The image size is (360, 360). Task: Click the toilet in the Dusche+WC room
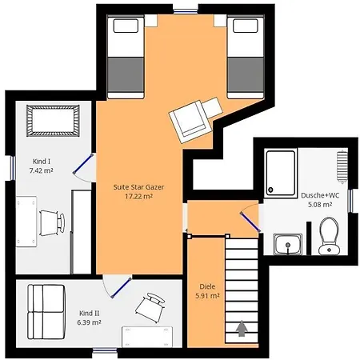pos(329,236)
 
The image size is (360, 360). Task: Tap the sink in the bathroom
pos(288,244)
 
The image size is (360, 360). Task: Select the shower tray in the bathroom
pos(281,173)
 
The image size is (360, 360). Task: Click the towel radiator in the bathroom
pos(342,167)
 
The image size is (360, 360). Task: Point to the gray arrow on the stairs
pos(242,329)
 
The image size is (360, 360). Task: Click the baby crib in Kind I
pos(53,121)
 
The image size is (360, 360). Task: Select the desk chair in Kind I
pos(52,223)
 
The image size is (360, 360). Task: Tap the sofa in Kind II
pos(46,312)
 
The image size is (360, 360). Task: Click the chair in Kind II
pos(150,307)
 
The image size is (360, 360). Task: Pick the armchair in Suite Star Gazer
pos(196,120)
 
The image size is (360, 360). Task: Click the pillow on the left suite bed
pos(126,26)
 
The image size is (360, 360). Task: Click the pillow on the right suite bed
pos(245,26)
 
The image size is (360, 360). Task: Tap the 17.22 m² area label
pos(138,197)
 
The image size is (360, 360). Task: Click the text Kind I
pos(42,162)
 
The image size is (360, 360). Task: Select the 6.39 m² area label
pos(89,322)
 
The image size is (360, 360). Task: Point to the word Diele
pos(207,286)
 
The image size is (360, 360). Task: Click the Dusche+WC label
pos(320,195)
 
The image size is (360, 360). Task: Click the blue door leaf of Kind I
pos(83,164)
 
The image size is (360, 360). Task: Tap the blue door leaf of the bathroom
pos(250,222)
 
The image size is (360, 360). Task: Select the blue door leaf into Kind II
pos(122,287)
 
